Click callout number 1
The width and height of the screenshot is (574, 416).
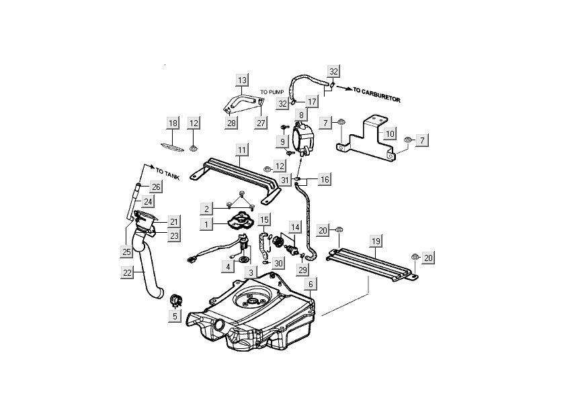(209, 222)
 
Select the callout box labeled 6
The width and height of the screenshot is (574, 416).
(309, 284)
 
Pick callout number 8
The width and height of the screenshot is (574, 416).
(302, 115)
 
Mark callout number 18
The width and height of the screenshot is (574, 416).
(173, 123)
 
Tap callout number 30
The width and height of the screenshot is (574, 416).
(278, 263)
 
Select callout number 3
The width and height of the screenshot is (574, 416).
(251, 273)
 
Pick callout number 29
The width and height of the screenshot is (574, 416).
(302, 270)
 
